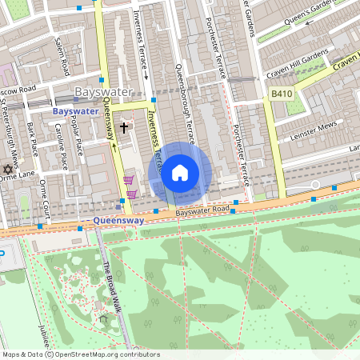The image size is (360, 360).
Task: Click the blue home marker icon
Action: (x=180, y=173)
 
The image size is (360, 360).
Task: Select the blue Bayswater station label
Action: (x=77, y=111)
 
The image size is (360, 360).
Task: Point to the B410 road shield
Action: (x=280, y=94)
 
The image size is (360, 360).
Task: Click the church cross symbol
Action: (x=124, y=126)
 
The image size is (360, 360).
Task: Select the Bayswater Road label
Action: (x=203, y=210)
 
